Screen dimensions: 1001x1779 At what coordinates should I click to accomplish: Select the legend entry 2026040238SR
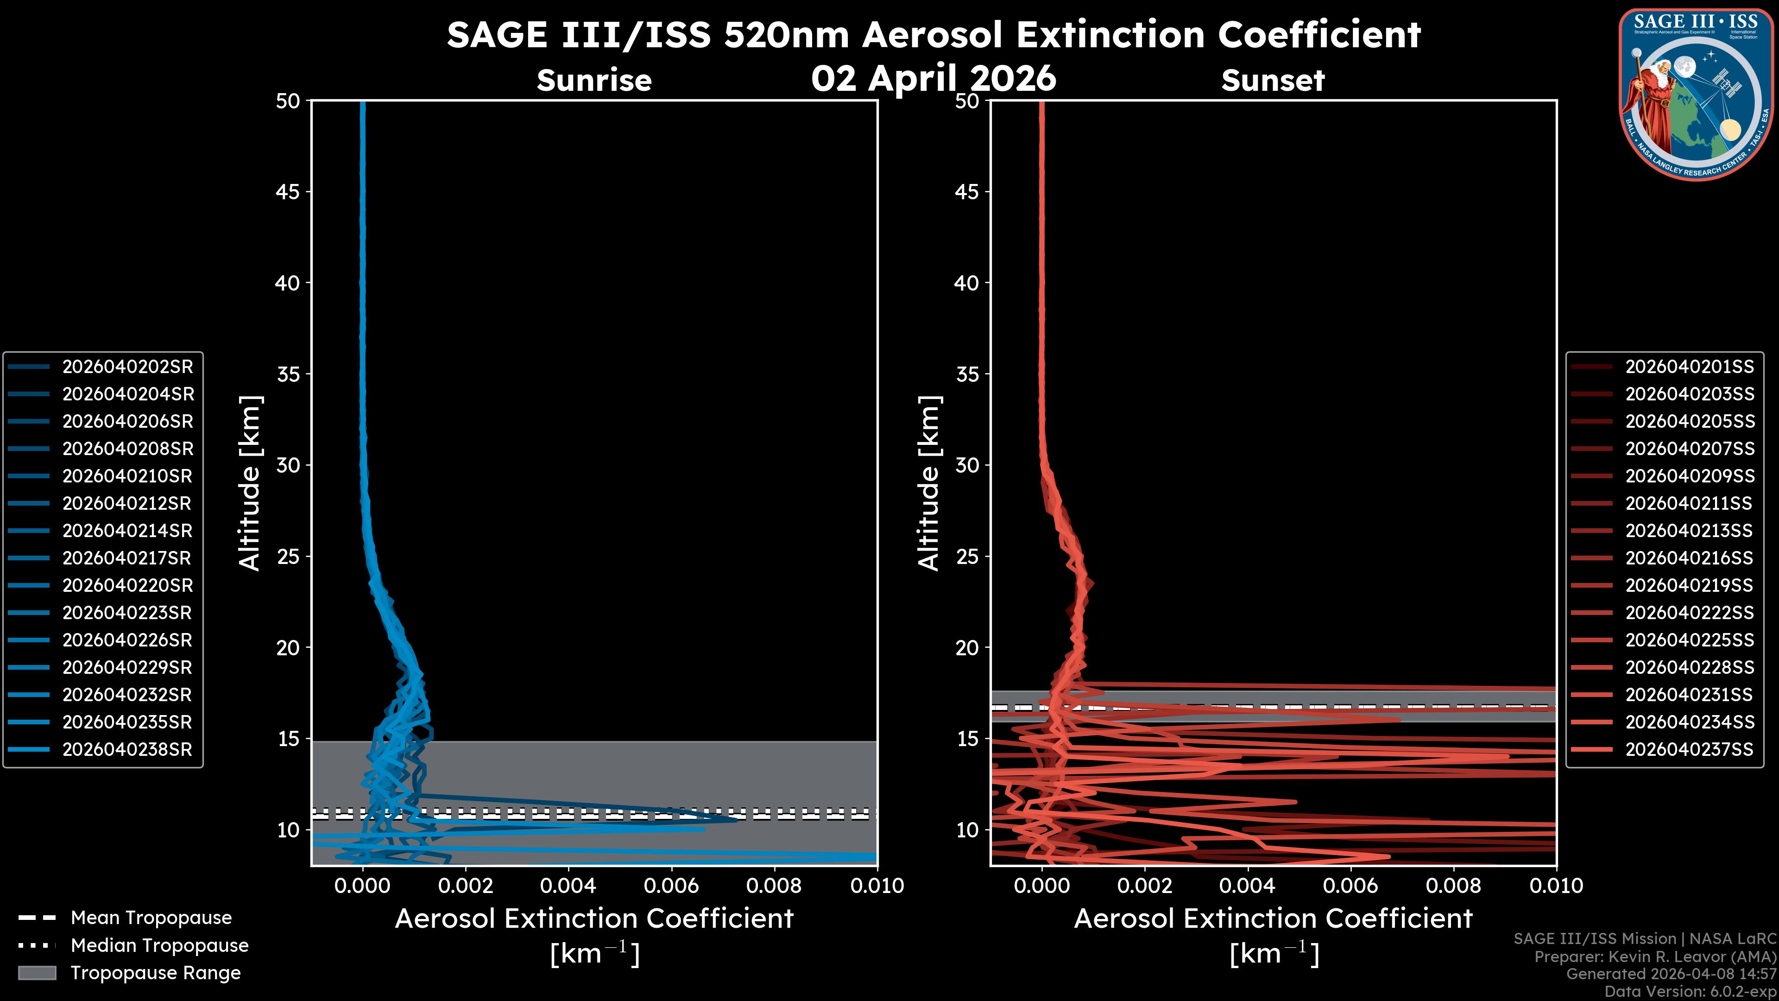click(127, 749)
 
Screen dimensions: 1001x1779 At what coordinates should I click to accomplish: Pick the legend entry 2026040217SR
click(126, 558)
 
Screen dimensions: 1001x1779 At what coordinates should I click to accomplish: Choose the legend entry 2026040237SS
click(1689, 749)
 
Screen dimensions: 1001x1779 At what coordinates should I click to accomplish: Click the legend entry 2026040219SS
click(1689, 586)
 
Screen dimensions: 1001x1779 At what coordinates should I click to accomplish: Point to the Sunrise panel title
click(594, 81)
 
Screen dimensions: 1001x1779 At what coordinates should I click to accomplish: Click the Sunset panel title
click(1273, 81)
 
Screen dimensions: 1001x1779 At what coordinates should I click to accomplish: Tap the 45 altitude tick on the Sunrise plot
click(288, 191)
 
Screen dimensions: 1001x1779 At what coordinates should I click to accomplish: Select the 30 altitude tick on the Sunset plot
click(967, 465)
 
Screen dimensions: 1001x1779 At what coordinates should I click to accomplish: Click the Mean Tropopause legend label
click(151, 918)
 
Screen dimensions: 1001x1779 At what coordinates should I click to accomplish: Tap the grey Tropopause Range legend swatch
click(37, 973)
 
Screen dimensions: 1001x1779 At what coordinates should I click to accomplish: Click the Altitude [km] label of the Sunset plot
click(929, 483)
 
